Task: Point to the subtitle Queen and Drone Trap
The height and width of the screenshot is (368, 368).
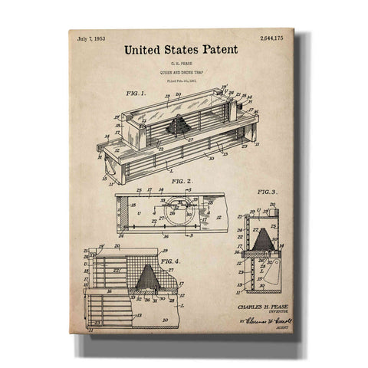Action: coord(181,72)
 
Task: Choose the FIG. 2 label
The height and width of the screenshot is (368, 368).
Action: coord(182,182)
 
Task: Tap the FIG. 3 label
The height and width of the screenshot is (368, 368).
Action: coord(268,192)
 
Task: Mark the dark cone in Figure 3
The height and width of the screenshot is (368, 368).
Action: coord(264,239)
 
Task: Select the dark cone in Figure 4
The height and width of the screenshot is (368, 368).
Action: coord(148,278)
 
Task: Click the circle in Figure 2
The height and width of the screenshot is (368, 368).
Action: coord(178,210)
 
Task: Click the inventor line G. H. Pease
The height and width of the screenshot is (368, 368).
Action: coord(181,64)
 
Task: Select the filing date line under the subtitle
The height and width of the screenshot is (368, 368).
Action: coord(181,79)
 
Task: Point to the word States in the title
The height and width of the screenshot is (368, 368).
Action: coord(181,50)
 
